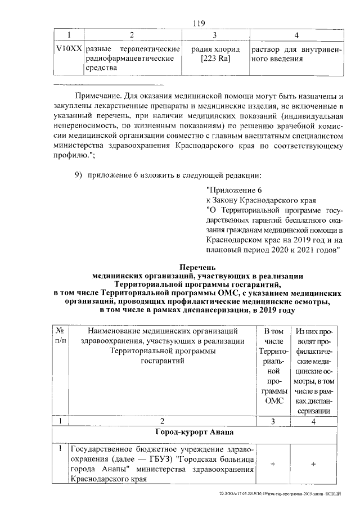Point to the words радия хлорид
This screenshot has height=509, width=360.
coord(216,49)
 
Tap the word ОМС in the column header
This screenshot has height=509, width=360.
coord(272,400)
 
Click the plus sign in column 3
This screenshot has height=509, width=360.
coord(272,464)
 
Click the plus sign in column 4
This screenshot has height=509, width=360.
coord(313,464)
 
